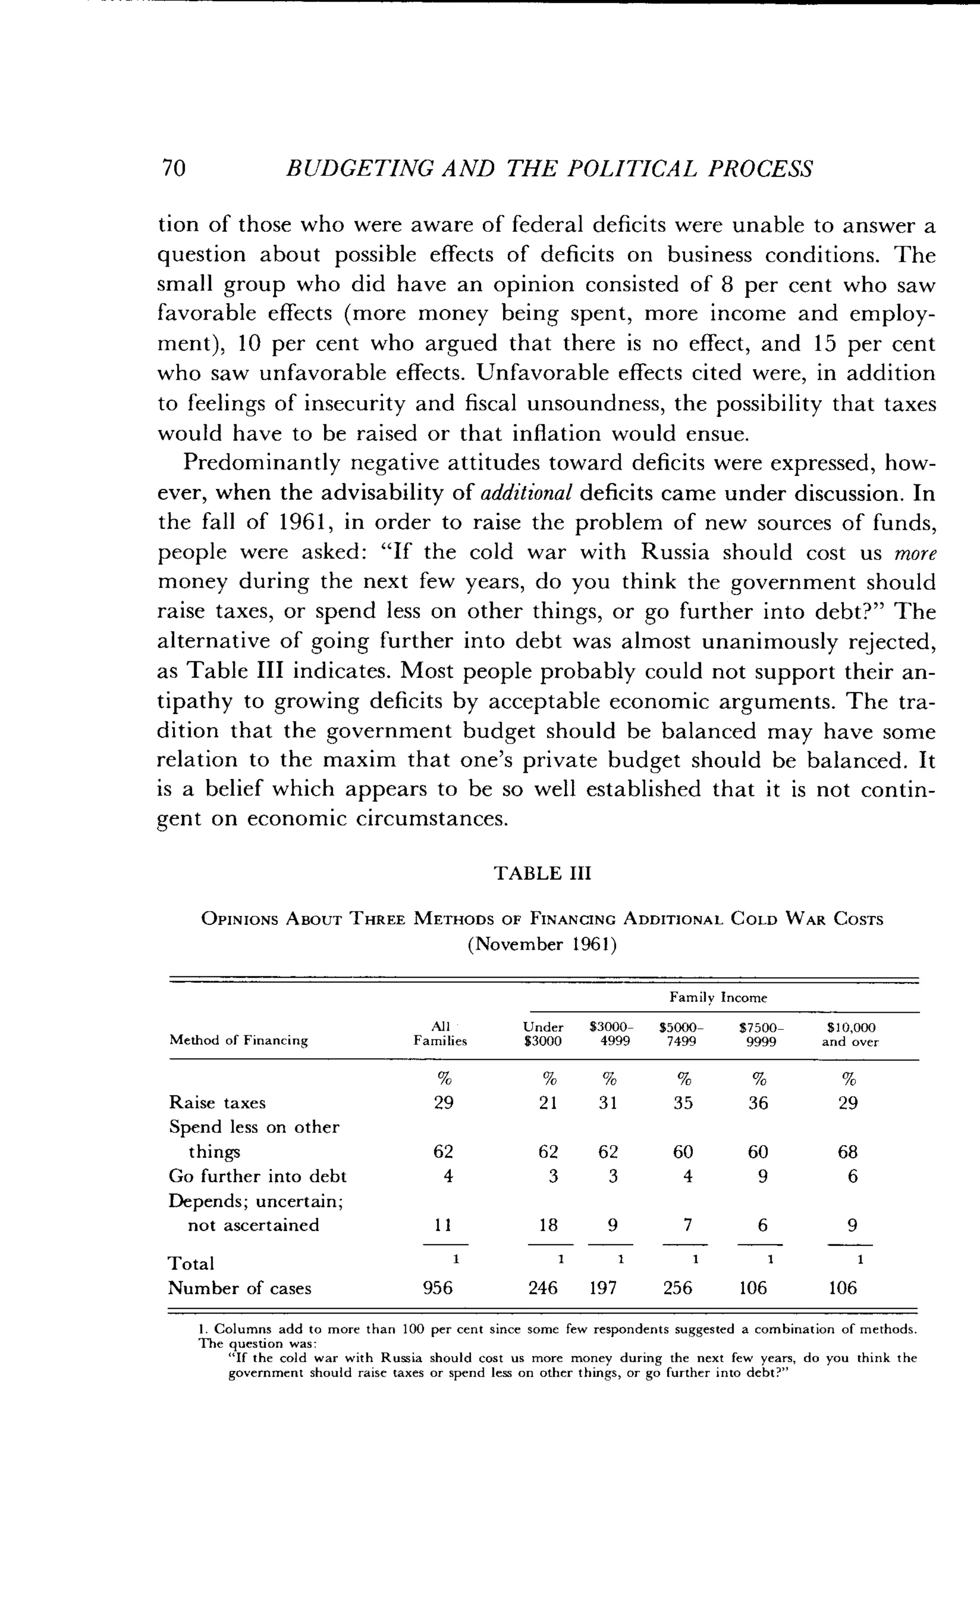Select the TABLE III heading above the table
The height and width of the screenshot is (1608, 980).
tap(542, 873)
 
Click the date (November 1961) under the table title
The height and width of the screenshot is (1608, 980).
tap(542, 944)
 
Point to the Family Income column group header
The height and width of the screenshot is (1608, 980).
tap(718, 997)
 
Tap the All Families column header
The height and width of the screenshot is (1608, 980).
tap(440, 1034)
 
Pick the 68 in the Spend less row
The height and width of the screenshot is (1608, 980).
tap(847, 1152)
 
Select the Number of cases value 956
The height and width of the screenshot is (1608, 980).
tap(438, 1287)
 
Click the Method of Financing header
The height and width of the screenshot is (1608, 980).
tap(238, 1040)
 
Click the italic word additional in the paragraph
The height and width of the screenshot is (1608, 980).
tap(526, 493)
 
